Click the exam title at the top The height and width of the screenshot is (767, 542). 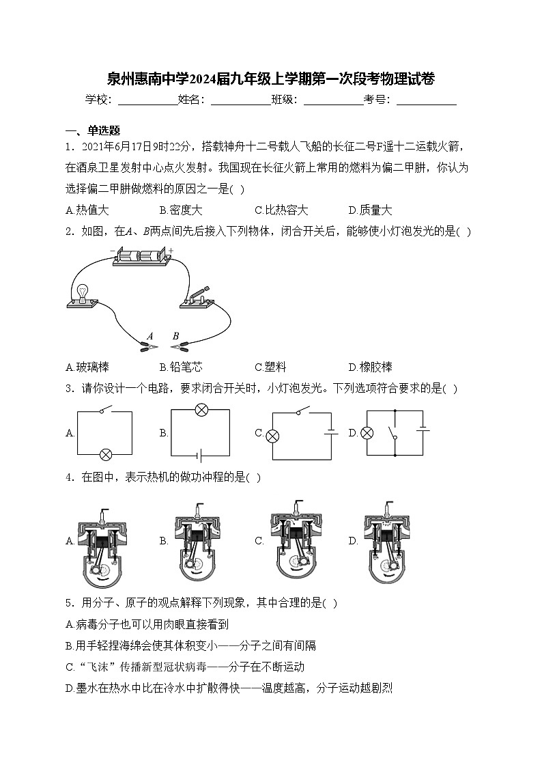(271, 79)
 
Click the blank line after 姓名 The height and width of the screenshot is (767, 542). (241, 100)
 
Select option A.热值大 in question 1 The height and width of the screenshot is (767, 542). (87, 210)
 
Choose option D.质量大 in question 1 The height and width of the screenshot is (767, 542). (370, 210)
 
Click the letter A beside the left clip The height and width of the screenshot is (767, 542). (149, 335)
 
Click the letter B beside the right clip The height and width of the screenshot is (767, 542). (175, 335)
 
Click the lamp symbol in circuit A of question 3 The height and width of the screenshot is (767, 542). (106, 454)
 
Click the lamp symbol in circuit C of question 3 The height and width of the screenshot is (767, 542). (272, 435)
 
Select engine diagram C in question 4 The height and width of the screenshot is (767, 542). (296, 541)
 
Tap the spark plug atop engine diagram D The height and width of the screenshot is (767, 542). (389, 506)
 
